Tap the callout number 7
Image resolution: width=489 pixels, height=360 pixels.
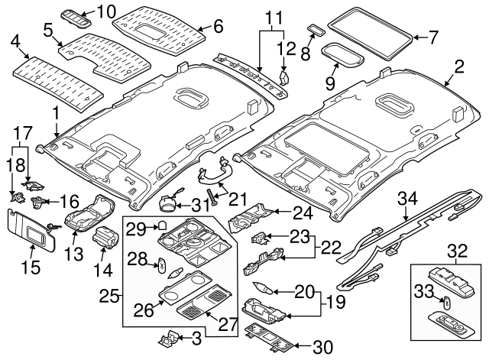pos(433,36)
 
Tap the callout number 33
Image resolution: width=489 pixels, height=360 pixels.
pos(422,291)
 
